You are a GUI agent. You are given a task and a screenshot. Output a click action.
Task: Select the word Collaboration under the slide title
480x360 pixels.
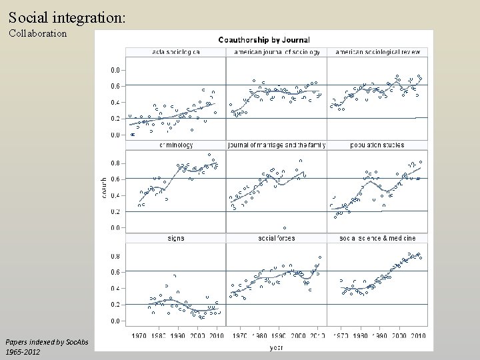pos(37,33)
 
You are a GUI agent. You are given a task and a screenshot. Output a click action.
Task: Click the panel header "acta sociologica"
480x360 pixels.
pos(176,52)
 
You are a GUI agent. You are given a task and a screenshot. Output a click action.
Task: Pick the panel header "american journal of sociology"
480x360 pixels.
pos(277,52)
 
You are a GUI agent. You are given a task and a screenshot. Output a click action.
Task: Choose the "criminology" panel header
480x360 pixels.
pos(176,145)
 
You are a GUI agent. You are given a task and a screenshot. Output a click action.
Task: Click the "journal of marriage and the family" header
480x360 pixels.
pos(277,145)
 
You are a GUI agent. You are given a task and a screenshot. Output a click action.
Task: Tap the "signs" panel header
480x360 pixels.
pos(176,237)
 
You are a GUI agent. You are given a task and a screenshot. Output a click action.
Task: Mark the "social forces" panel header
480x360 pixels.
pos(277,237)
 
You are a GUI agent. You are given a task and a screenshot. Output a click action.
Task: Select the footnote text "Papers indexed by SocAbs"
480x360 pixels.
pos(41,342)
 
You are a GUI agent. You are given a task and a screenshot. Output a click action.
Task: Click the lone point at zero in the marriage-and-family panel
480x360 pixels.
pos(285,228)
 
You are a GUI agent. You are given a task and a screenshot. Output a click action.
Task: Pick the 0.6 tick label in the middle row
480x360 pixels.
pos(115,179)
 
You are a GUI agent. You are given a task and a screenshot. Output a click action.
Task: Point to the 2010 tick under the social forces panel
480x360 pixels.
pos(317,335)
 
